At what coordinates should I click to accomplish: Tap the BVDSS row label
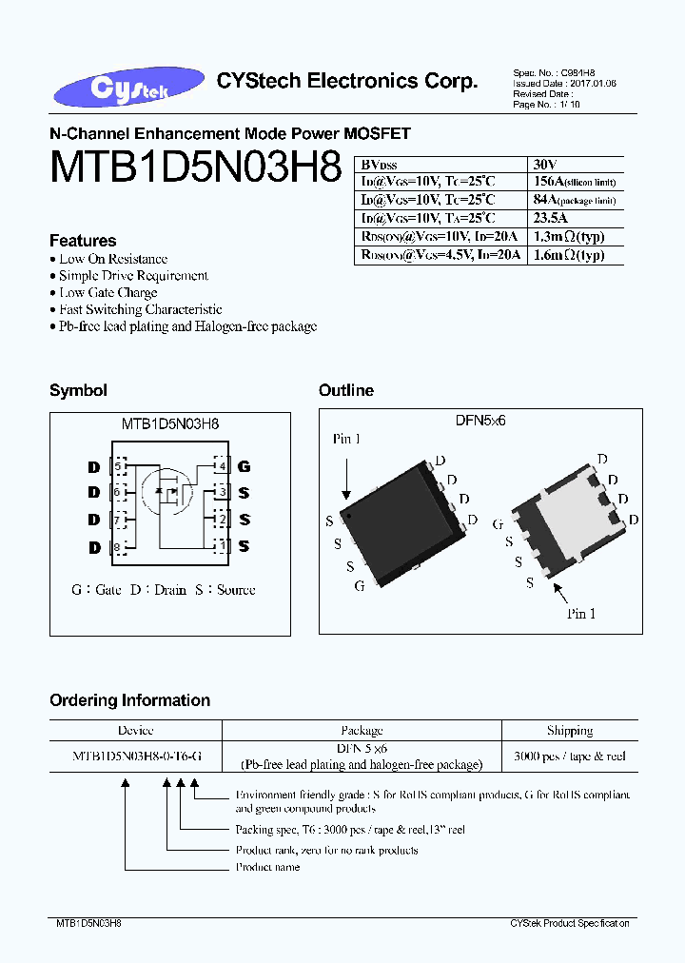tap(378, 163)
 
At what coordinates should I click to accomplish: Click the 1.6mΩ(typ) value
tap(569, 255)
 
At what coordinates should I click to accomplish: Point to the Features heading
tap(83, 241)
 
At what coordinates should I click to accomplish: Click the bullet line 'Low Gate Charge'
tap(108, 292)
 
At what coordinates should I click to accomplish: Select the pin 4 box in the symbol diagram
tap(222, 465)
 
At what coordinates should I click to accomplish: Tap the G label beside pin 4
tap(245, 466)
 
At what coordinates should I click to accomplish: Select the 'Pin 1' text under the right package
tap(581, 614)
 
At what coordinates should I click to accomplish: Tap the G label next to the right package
tap(498, 524)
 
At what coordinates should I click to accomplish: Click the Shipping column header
tap(570, 731)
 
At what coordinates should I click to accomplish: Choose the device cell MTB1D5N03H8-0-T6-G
tap(136, 757)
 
